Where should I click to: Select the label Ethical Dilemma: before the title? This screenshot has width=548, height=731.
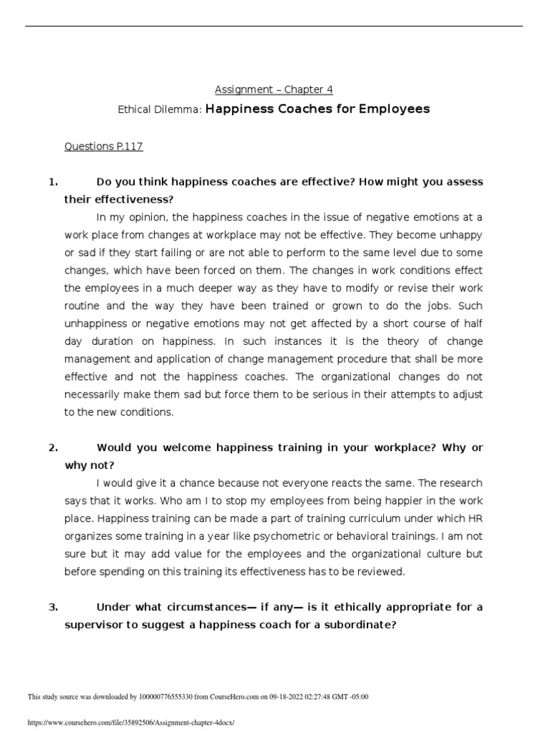coord(160,110)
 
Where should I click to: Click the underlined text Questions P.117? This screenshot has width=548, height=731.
coord(103,146)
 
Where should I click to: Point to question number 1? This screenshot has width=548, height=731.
coord(53,181)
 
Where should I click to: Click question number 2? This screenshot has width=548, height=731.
coord(53,448)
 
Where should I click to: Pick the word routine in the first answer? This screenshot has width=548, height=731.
coord(85,306)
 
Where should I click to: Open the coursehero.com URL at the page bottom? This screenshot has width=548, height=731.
coord(131,722)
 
